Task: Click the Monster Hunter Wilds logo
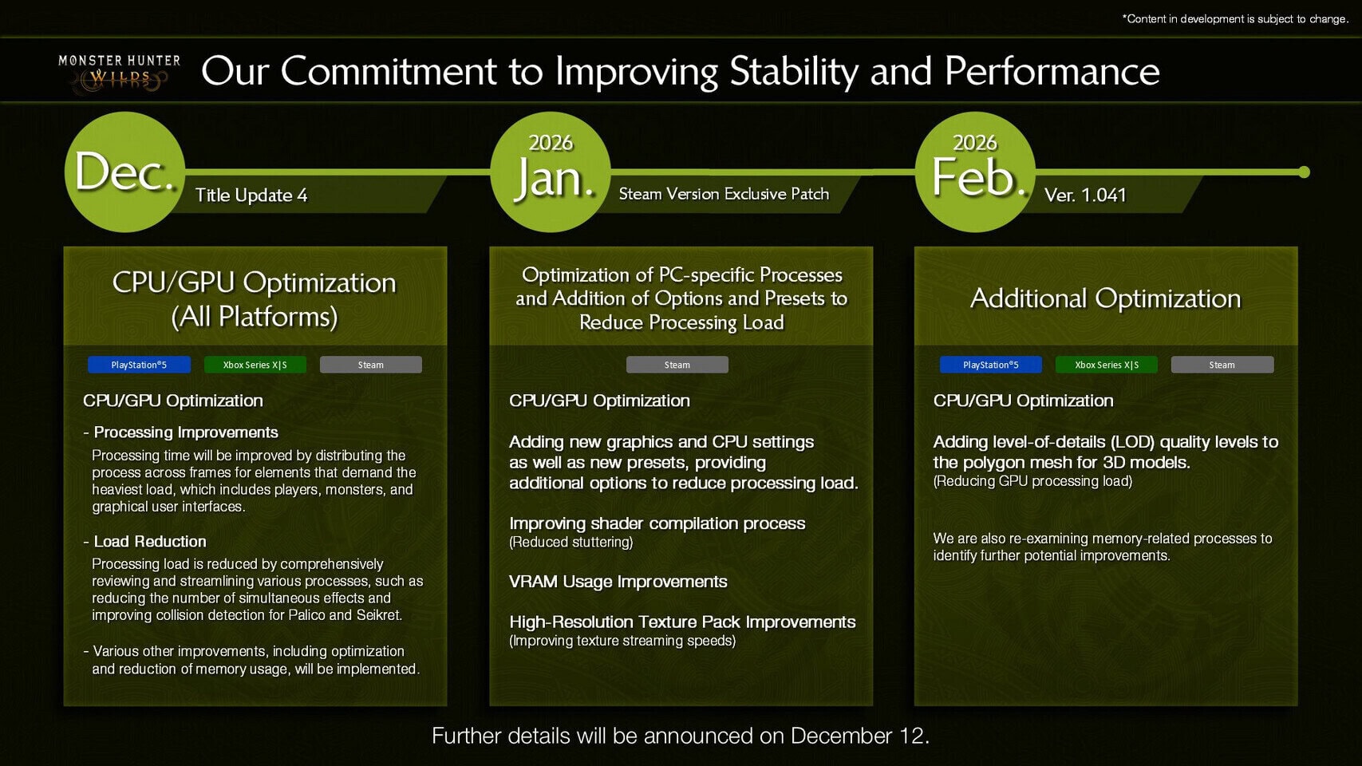(x=119, y=73)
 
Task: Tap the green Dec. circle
(x=124, y=172)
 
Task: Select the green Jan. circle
(x=551, y=172)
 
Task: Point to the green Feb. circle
(x=975, y=172)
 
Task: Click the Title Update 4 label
(x=251, y=195)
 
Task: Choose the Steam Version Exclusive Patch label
(x=724, y=194)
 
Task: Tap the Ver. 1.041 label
(x=1085, y=195)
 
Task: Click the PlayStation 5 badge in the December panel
(x=140, y=365)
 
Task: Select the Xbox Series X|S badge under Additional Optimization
(x=1107, y=365)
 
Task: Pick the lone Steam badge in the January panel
(x=677, y=365)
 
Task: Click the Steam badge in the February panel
(x=1222, y=365)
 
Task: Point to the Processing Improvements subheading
(x=186, y=432)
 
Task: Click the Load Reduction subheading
(x=150, y=541)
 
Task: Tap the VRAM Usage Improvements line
(x=618, y=582)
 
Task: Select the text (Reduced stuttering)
(x=571, y=543)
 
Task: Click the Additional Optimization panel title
(x=1105, y=298)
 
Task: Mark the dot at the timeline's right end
(x=1304, y=172)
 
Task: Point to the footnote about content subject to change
(x=1235, y=19)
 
